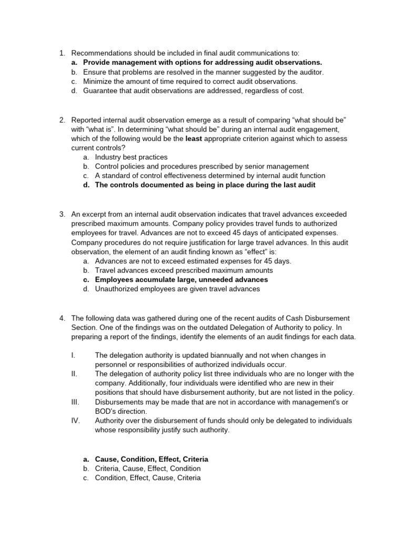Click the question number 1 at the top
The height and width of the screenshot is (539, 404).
click(x=61, y=53)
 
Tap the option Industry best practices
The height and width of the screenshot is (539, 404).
click(x=132, y=157)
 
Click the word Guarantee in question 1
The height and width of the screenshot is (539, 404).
click(x=100, y=91)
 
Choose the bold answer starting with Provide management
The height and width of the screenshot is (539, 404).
click(x=203, y=62)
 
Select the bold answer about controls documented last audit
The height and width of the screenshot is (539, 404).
click(x=205, y=185)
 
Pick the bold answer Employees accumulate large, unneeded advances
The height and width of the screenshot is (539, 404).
click(x=181, y=280)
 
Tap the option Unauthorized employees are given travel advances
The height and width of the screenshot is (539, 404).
click(x=177, y=289)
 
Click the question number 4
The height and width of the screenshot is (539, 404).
click(x=61, y=318)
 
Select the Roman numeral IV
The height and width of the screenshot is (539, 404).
click(x=75, y=421)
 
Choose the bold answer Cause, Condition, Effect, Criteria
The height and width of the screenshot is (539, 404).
click(x=151, y=459)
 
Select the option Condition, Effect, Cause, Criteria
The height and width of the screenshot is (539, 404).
click(x=148, y=478)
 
